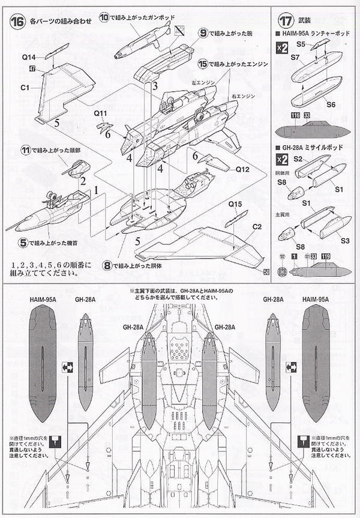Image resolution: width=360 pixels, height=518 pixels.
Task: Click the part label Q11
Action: click(x=100, y=112)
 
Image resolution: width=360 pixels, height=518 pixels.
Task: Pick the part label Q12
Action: click(x=242, y=169)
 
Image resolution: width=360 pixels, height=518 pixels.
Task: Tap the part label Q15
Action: click(x=235, y=204)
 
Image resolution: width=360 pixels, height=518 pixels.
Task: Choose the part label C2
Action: click(x=257, y=227)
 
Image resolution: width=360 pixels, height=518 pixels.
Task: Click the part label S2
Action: click(x=298, y=160)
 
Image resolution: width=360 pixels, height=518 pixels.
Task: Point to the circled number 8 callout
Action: click(x=107, y=265)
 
